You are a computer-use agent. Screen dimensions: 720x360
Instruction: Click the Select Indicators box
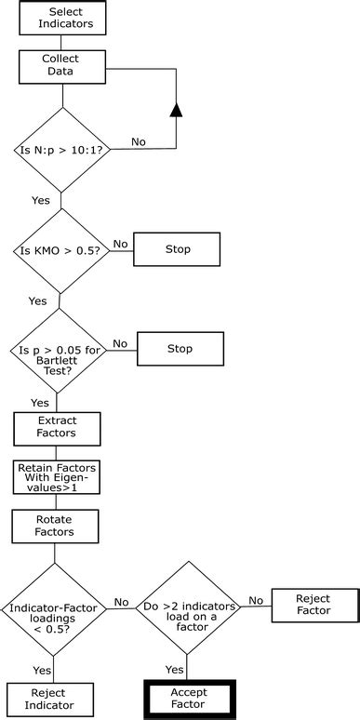tap(66, 18)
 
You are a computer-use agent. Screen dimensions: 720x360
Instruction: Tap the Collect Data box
tap(61, 65)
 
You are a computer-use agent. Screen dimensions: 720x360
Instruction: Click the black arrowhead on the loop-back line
tap(176, 111)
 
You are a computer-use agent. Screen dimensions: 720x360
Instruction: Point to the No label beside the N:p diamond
tap(139, 141)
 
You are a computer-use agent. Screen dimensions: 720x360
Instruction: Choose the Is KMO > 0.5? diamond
tap(60, 251)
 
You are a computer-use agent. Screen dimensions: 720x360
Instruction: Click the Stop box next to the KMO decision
tap(177, 249)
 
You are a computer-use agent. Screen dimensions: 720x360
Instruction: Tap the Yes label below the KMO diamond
tap(37, 301)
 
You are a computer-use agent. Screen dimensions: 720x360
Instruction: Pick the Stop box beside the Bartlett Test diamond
tap(180, 349)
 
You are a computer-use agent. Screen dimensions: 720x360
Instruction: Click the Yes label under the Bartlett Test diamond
tap(40, 403)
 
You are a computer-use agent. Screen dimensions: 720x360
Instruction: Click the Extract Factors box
tap(58, 428)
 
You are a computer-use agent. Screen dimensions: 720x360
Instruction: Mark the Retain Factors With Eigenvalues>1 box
tap(57, 477)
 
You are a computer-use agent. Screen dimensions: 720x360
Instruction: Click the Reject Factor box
tap(313, 606)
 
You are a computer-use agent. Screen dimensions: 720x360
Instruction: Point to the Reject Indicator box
tap(51, 699)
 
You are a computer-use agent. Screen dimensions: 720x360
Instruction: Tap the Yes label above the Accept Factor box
tap(174, 670)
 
